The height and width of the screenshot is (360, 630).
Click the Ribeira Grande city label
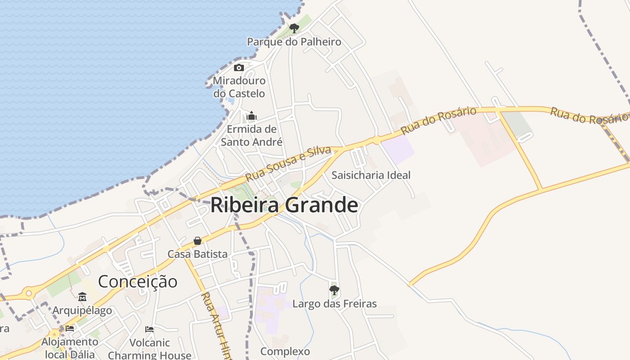coord(284,205)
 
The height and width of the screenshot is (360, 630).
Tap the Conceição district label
coord(138,282)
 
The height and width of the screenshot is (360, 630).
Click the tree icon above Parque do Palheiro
coord(294,29)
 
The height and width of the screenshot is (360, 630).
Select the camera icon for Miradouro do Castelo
coord(239,68)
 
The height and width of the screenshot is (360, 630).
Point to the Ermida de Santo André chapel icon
coord(252,117)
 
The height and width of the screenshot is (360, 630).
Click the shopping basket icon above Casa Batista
coord(198,241)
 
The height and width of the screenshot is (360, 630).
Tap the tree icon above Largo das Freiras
coord(334,290)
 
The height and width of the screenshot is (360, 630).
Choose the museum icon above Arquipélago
coord(82,297)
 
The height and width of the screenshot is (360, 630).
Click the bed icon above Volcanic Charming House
coord(149,329)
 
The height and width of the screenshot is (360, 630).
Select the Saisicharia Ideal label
coord(371,175)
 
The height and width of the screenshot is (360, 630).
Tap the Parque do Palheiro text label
coord(294,42)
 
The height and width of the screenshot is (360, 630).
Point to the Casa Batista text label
coord(198,254)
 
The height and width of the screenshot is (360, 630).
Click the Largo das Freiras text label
coord(334,304)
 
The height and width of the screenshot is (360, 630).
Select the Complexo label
coord(285,351)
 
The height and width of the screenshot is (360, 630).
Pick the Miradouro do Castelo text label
coord(239,87)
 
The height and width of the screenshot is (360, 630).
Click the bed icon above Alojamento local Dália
coord(70,328)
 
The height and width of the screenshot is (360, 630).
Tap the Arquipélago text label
coord(82,310)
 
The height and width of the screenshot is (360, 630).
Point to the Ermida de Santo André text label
coord(252,135)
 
